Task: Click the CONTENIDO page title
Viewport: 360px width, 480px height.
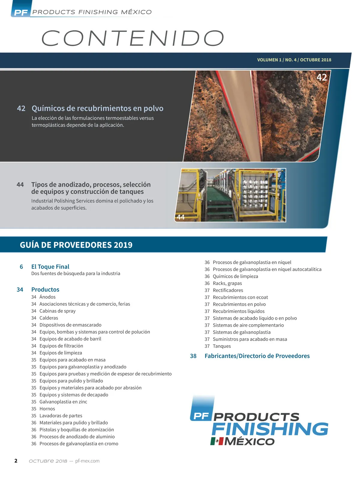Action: point(133,38)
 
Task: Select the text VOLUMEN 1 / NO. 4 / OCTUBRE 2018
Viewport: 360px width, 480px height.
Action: point(294,60)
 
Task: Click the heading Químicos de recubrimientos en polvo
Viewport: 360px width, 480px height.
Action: point(97,108)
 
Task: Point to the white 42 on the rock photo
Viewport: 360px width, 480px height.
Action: point(322,77)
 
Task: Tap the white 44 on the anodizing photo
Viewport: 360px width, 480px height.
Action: point(181,217)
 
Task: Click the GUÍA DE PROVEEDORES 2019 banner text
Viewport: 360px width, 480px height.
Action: point(76,245)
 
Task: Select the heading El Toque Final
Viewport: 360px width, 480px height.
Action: point(50,267)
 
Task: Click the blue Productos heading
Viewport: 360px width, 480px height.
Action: point(45,289)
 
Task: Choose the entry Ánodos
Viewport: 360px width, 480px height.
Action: point(47,297)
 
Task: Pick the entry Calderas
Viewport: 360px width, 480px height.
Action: point(49,318)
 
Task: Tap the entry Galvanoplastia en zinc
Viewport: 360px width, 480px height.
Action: point(63,402)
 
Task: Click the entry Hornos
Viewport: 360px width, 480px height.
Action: point(47,409)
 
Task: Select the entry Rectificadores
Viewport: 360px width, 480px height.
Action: point(228,290)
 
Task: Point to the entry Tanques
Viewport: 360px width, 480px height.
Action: point(222,346)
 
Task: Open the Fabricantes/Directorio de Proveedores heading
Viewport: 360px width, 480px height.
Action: point(257,356)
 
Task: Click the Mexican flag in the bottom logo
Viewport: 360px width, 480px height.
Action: point(217,441)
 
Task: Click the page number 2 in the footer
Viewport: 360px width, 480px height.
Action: point(16,461)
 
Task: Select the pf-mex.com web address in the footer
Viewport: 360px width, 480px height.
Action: point(87,461)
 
